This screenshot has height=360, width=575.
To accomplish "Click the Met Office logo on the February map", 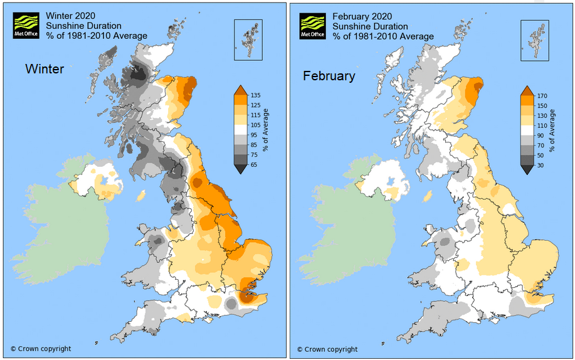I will (312, 26).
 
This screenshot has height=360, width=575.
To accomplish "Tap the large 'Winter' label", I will (45, 69).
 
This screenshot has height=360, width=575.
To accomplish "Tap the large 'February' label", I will (329, 76).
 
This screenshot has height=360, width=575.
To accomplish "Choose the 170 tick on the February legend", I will (542, 96).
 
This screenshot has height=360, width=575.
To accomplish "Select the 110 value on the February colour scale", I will (542, 126).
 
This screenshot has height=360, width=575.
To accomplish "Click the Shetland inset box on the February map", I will (537, 40).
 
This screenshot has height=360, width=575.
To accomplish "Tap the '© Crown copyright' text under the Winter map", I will (41, 349).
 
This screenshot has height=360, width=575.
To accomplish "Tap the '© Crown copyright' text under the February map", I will (327, 349).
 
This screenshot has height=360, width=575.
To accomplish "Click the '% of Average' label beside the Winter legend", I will (266, 129).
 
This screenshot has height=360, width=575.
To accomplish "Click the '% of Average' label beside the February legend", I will (552, 130).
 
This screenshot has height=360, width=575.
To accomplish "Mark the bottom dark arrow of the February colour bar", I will (527, 170).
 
